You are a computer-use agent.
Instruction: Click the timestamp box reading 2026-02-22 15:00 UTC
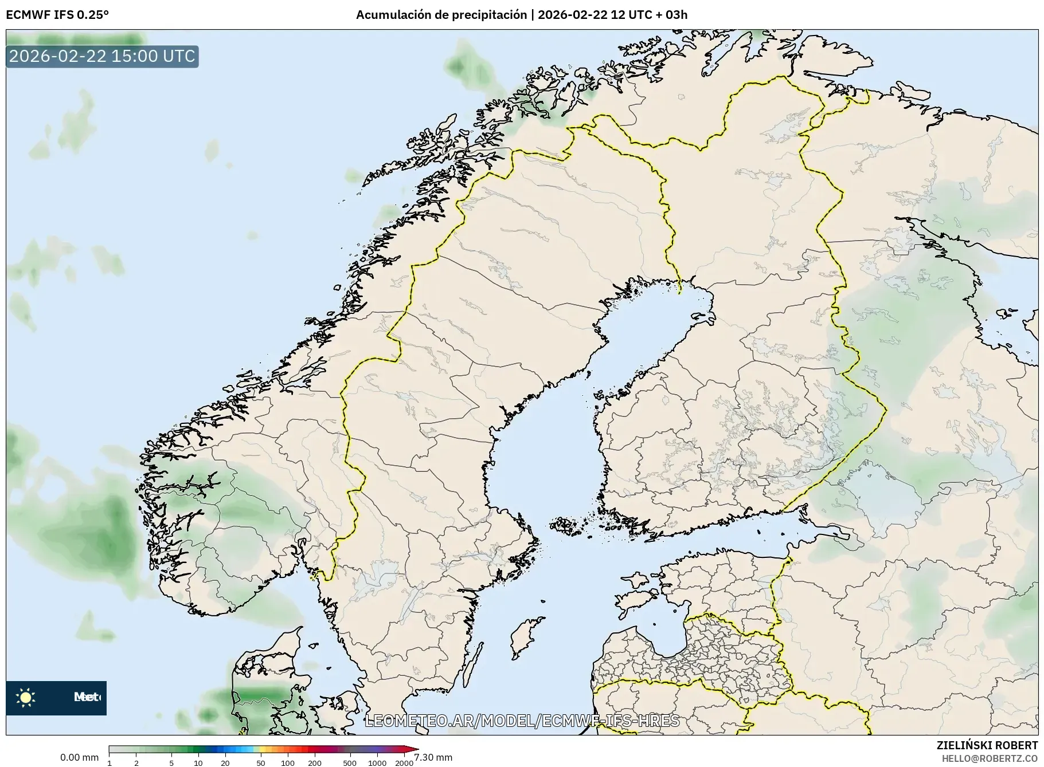(102, 56)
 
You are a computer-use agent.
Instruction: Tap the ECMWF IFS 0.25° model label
(57, 15)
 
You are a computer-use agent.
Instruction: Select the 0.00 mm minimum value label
(79, 757)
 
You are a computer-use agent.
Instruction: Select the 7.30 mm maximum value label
(433, 757)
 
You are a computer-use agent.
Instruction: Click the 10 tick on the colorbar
(198, 762)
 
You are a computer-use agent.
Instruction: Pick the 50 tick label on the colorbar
(260, 762)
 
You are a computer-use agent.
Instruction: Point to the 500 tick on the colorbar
(349, 762)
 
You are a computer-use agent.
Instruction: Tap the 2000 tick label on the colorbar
(404, 762)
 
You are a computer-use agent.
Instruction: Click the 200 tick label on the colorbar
(314, 762)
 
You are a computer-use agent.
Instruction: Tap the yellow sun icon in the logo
(25, 697)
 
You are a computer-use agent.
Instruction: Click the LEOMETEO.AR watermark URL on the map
(522, 721)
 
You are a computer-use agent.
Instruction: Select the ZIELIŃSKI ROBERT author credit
(987, 745)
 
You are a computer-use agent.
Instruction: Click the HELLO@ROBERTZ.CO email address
(990, 758)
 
